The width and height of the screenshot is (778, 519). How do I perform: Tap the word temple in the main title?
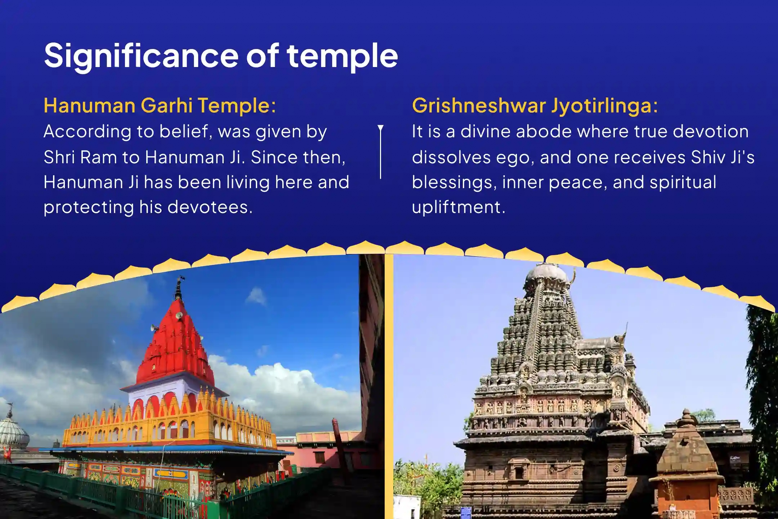tap(342, 56)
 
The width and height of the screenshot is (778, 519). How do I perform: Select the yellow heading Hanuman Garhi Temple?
tap(160, 106)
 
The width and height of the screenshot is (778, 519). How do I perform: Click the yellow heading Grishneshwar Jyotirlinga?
tap(535, 106)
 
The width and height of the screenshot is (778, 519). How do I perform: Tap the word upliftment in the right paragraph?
tap(458, 207)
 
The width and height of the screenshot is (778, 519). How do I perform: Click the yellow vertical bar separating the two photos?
tap(389, 386)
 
